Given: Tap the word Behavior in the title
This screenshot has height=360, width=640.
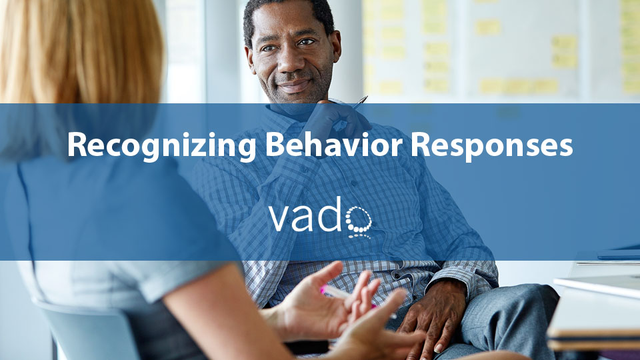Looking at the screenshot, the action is coord(334,145).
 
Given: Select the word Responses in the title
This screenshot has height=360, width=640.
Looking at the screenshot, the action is coord(492,147).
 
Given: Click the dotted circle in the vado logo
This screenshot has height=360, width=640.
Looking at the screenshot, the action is coord(359,221).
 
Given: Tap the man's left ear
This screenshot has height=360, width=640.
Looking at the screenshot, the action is coord(336,45).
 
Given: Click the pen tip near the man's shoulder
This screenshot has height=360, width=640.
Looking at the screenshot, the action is coord(366,97).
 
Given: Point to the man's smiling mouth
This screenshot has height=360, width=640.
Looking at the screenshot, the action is coord(295,86).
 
